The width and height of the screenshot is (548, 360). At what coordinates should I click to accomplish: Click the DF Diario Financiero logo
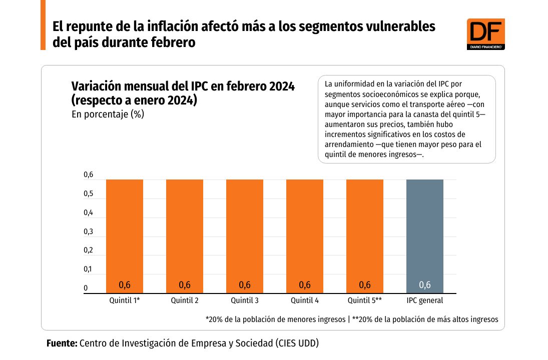point(485,34)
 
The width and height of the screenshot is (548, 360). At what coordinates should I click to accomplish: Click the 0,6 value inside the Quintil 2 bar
point(185,285)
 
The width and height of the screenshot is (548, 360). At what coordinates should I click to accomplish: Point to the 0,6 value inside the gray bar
point(425,285)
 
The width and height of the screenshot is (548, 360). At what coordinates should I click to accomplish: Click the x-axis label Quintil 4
point(305,300)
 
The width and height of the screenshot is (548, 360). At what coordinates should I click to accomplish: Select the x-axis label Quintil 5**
point(365,300)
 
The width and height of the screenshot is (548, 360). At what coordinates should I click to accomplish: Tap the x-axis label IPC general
point(425,300)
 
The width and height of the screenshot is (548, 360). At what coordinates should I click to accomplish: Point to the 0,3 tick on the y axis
point(88,231)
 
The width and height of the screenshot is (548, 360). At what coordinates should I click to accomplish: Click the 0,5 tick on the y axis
point(88,194)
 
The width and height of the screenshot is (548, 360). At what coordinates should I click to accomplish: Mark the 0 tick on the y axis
point(86,288)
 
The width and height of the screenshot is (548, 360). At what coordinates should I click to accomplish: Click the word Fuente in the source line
point(62,343)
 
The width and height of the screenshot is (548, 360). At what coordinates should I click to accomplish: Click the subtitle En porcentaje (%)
point(108,114)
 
